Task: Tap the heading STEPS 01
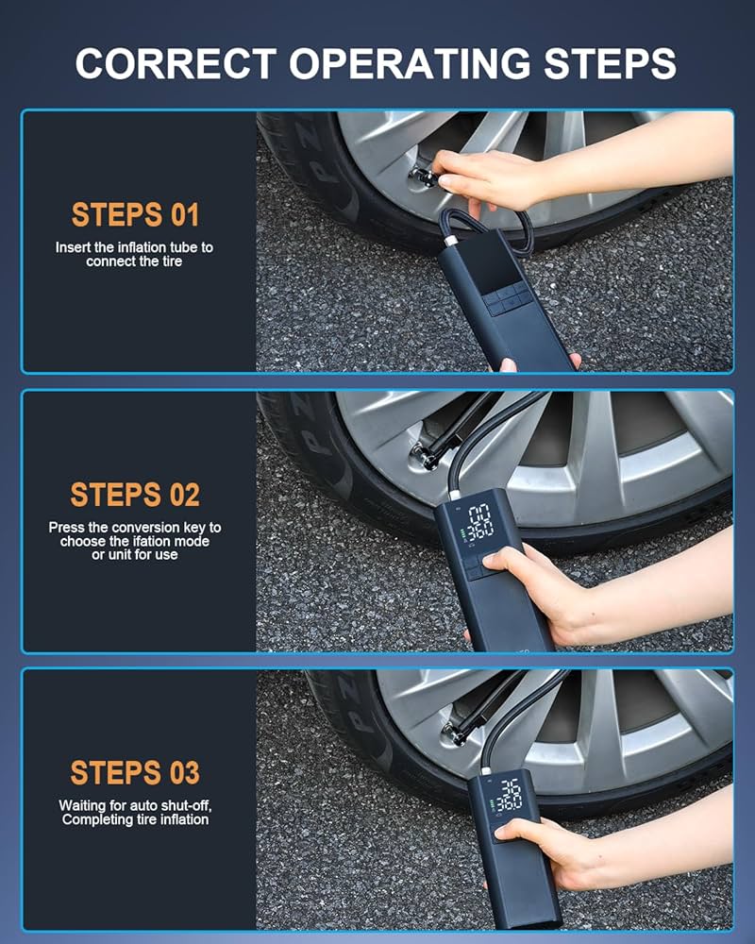[135, 214]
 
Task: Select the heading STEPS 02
[135, 494]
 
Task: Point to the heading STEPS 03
[135, 772]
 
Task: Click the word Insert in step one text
[73, 247]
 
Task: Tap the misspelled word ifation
[151, 541]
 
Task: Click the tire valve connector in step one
[421, 176]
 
